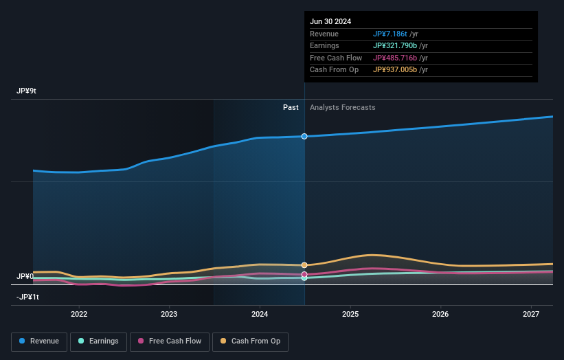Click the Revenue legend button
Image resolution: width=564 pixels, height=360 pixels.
pyautogui.click(x=39, y=341)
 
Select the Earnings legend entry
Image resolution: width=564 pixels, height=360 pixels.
pyautogui.click(x=98, y=341)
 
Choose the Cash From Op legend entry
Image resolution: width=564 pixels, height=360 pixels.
pyautogui.click(x=250, y=341)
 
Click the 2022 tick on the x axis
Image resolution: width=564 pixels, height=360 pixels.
pyautogui.click(x=79, y=315)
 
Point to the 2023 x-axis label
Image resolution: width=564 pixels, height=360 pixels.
pyautogui.click(x=169, y=315)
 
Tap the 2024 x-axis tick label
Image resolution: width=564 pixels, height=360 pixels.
pyautogui.click(x=260, y=315)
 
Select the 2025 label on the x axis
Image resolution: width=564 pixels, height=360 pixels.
pyautogui.click(x=350, y=315)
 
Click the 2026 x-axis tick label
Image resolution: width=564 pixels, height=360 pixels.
pyautogui.click(x=440, y=315)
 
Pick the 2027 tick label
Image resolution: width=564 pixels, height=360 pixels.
pyautogui.click(x=531, y=315)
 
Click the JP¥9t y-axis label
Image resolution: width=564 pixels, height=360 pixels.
pyautogui.click(x=27, y=91)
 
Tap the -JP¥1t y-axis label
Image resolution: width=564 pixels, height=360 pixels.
pyautogui.click(x=28, y=297)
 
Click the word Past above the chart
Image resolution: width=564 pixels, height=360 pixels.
pyautogui.click(x=291, y=107)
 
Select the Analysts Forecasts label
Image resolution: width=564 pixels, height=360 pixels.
pyautogui.click(x=343, y=107)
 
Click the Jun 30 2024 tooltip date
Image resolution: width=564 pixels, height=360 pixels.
pyautogui.click(x=330, y=21)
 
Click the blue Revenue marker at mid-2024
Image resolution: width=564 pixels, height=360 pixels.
pyautogui.click(x=304, y=136)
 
